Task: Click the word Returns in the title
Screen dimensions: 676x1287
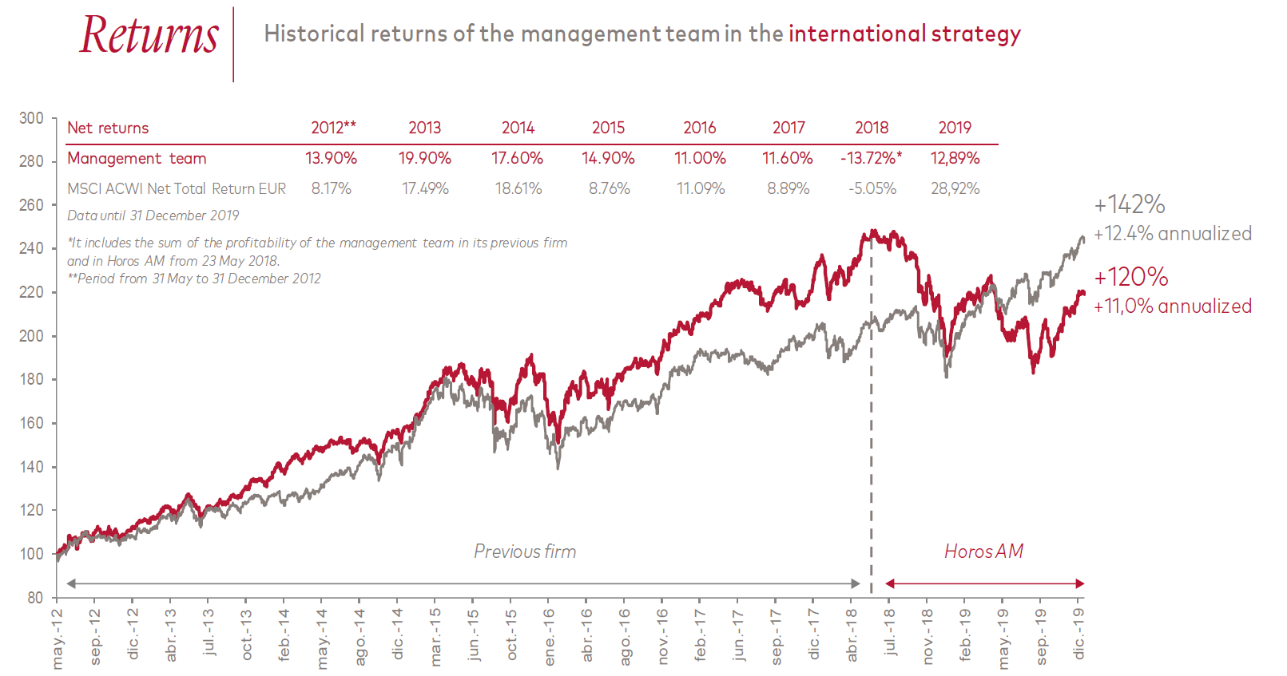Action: [x=149, y=36]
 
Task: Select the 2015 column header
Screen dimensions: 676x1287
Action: [x=608, y=128]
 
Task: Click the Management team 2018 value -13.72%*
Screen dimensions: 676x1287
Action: [x=871, y=158]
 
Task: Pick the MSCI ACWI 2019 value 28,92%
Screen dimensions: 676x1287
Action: [x=955, y=188]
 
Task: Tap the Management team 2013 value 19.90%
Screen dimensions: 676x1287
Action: [x=425, y=158]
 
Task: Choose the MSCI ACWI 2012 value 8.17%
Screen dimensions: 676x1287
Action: [x=332, y=188]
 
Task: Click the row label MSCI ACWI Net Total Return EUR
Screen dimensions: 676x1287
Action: [x=177, y=188]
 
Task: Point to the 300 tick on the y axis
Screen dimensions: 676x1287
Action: [x=32, y=118]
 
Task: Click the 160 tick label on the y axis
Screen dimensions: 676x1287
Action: [x=32, y=423]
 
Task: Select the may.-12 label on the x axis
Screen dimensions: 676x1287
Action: [x=57, y=638]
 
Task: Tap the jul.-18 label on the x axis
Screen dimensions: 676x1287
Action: [x=889, y=633]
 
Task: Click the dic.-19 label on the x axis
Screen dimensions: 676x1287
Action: [x=1079, y=634]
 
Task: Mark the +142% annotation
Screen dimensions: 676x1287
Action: [x=1130, y=204]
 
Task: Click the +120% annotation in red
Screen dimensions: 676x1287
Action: [x=1131, y=277]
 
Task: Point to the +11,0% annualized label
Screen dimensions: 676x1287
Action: [x=1173, y=306]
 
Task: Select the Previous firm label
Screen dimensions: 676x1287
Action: [x=525, y=551]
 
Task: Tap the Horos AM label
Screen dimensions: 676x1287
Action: [x=983, y=551]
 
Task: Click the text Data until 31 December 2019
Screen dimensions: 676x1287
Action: [x=153, y=215]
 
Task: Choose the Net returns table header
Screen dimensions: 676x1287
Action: [x=108, y=128]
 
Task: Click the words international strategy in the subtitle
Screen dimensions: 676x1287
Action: [x=904, y=34]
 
